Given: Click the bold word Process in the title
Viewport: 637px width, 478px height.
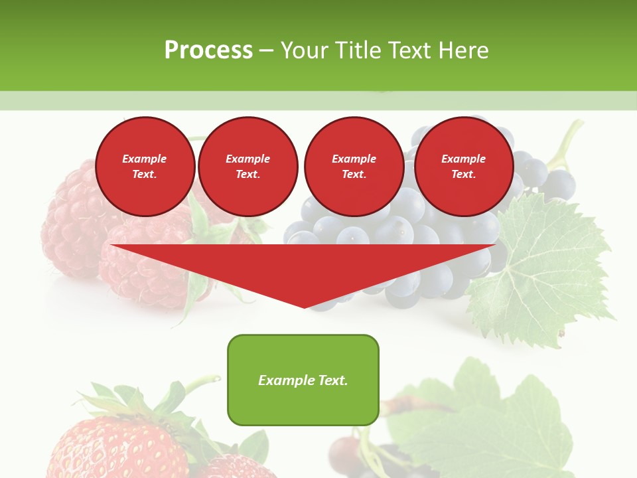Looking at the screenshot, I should point(208,50).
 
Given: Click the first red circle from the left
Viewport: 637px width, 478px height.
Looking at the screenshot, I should point(145,167).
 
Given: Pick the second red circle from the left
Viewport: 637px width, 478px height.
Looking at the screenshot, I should point(248,167).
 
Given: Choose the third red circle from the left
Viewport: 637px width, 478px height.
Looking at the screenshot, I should point(354,167).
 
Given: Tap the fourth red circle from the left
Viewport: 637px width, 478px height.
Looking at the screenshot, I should point(463,167).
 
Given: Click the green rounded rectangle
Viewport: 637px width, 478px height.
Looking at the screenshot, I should point(303,380).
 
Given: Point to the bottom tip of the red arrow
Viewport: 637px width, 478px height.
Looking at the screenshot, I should point(304,306).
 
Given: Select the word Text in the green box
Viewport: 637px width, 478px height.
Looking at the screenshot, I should point(333,380).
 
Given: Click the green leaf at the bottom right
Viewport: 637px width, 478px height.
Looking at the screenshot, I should point(504,425).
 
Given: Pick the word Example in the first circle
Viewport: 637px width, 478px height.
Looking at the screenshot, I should point(145,159).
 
